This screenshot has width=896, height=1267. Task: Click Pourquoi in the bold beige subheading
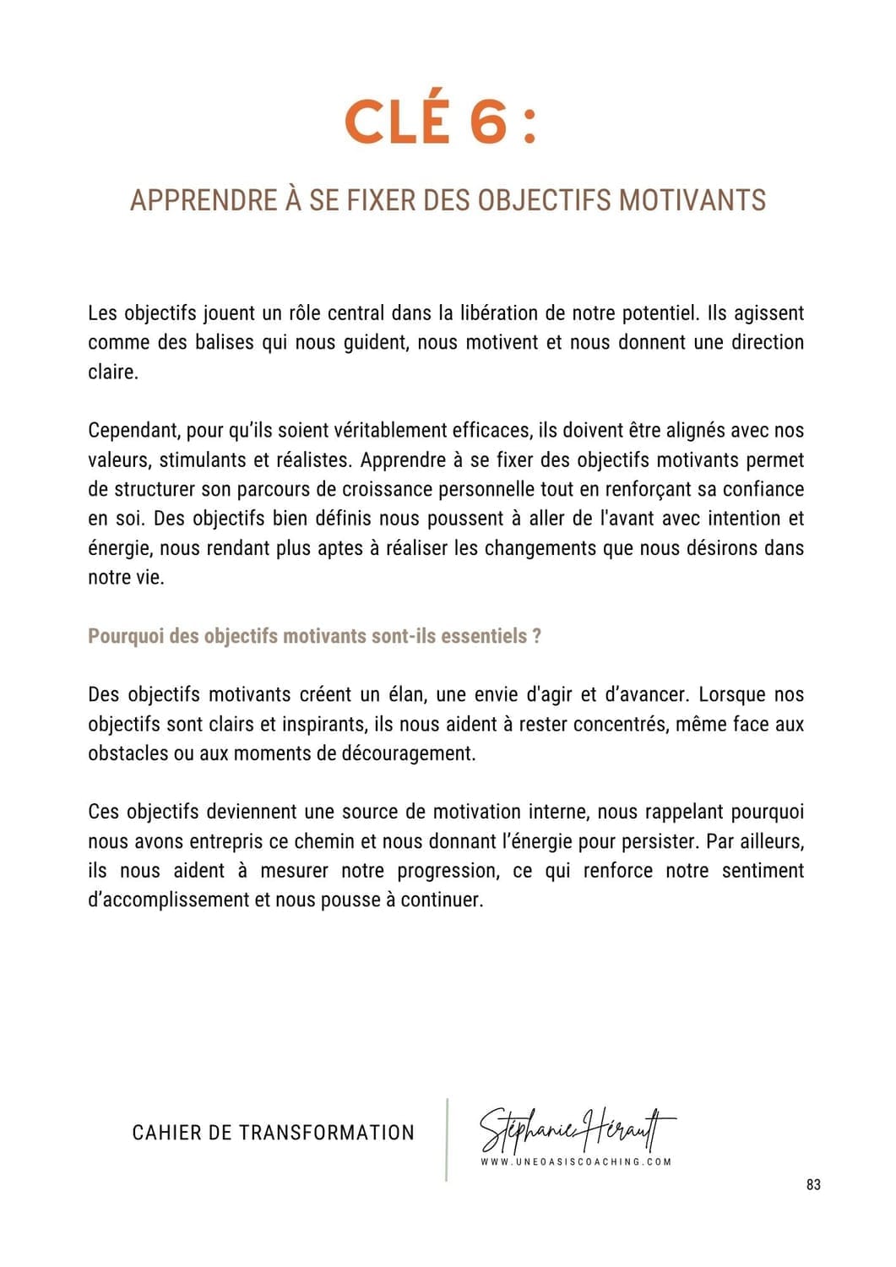click(x=126, y=636)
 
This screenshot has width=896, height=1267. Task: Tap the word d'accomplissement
click(x=168, y=900)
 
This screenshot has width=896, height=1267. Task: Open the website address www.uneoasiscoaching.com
click(x=576, y=1162)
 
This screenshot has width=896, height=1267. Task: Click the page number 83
click(x=813, y=1185)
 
